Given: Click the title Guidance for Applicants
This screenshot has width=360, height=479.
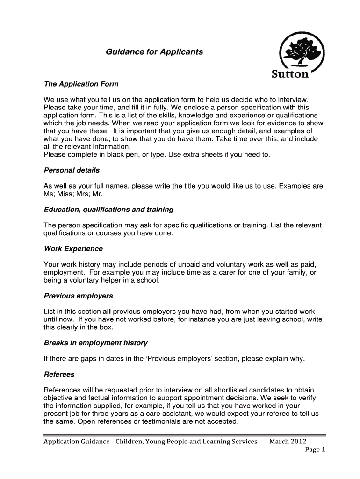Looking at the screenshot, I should click(x=154, y=52).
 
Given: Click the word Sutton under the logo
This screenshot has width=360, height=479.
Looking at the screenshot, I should click(x=290, y=74).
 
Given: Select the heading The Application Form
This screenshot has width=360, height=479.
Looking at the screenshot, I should click(x=81, y=84).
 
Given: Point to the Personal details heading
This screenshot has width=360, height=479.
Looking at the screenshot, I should click(x=72, y=170).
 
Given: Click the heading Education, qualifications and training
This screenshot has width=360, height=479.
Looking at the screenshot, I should click(x=108, y=210).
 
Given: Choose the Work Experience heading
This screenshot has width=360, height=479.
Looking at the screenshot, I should click(x=73, y=249).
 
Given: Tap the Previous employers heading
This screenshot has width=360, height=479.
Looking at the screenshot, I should click(x=78, y=296).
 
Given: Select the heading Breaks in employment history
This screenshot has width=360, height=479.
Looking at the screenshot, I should click(x=95, y=343).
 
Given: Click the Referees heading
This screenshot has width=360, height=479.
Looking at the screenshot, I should click(x=59, y=374).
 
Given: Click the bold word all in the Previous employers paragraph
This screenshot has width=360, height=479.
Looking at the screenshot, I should click(x=107, y=312).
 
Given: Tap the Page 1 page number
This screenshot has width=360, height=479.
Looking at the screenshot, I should click(x=315, y=450).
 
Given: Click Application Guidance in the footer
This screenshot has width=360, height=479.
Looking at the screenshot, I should click(x=77, y=442).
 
